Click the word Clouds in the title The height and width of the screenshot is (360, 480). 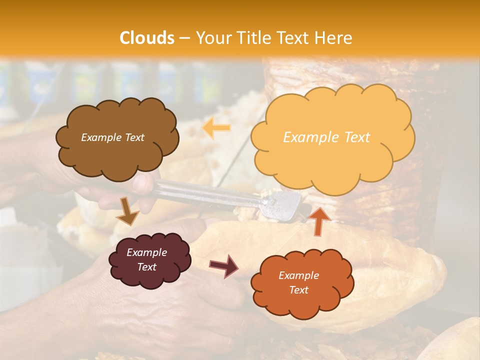tap(147, 38)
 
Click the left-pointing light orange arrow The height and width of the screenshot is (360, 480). tap(216, 128)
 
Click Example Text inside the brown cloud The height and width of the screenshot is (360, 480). tap(112, 137)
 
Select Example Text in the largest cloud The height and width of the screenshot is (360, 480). tap(326, 137)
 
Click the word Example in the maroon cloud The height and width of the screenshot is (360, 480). tap(146, 252)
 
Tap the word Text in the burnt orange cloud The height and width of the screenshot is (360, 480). tap(298, 290)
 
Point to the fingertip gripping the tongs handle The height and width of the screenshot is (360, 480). tap(142, 183)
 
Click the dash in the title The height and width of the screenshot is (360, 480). tap(184, 38)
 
